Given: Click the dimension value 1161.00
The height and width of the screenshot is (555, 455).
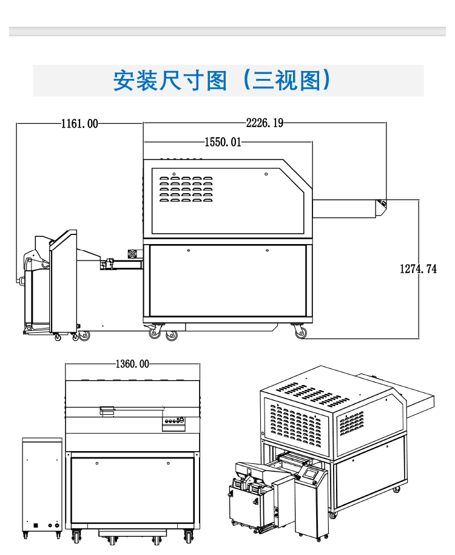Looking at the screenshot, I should click(x=79, y=123).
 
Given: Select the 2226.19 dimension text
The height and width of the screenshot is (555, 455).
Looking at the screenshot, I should click(x=265, y=123).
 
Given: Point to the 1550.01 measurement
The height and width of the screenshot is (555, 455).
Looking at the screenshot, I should click(x=223, y=142).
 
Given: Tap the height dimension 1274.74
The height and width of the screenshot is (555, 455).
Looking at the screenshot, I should click(x=418, y=268).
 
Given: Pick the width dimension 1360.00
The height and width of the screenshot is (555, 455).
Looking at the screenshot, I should click(x=132, y=364).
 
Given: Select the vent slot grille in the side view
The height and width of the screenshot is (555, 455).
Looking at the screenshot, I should click(x=186, y=189).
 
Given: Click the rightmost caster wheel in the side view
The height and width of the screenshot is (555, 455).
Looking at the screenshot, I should click(x=301, y=333).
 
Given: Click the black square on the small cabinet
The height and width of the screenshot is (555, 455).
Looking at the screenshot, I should click(x=37, y=525).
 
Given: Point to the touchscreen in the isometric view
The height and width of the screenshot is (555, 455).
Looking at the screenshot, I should click(x=311, y=473).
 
